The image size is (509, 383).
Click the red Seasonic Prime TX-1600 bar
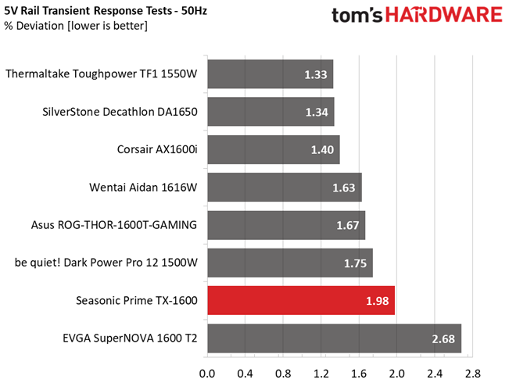click(301, 300)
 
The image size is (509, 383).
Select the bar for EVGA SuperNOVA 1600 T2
click(335, 338)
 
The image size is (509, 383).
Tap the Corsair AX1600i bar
click(274, 149)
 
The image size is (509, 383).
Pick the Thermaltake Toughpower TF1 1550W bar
click(271, 74)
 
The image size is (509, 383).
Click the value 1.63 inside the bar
click(344, 188)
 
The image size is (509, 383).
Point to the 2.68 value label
click(443, 339)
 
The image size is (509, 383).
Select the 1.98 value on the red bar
click(377, 301)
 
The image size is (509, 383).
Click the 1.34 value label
click(317, 113)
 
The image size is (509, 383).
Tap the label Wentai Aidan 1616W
click(143, 188)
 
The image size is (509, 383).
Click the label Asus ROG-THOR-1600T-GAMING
click(114, 225)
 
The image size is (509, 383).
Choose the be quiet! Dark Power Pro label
click(106, 263)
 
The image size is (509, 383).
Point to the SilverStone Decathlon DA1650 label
click(120, 112)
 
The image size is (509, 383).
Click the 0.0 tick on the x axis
click(207, 374)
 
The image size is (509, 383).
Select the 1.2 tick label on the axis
click(321, 374)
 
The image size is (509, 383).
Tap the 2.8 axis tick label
click(472, 374)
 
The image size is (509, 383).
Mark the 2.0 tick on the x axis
click(396, 374)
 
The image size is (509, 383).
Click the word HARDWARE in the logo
click(444, 15)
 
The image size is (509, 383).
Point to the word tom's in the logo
click(357, 16)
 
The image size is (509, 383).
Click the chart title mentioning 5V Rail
click(106, 11)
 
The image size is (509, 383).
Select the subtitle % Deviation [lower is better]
click(76, 26)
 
